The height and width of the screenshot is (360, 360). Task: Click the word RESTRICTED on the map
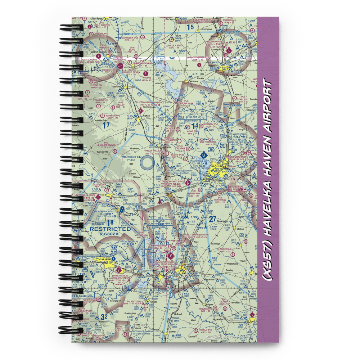point(111,229)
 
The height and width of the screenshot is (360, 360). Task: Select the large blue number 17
point(105,125)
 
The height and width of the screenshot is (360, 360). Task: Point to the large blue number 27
point(212,219)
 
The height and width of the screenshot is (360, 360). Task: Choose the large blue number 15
point(190,27)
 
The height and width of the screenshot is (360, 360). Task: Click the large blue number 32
point(104,317)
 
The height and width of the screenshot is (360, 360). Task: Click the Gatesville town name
point(107,198)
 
